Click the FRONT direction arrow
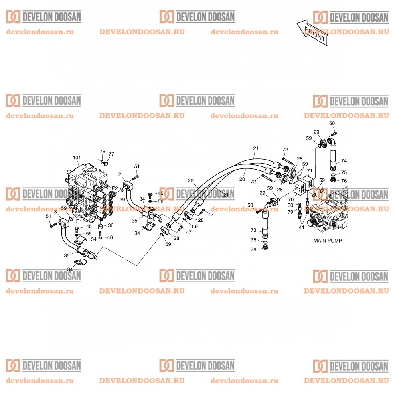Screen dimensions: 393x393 [312, 32]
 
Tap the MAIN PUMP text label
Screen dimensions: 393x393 [328, 241]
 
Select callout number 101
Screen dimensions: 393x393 [77, 158]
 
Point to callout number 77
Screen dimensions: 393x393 [111, 154]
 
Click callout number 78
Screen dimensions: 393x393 [103, 152]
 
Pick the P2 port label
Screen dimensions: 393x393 [115, 188]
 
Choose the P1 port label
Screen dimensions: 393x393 [79, 221]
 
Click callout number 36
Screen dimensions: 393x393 [111, 225]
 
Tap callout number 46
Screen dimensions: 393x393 [110, 237]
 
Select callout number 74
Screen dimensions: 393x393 [344, 161]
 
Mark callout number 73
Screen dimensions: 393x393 [253, 230]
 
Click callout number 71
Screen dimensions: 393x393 [310, 171]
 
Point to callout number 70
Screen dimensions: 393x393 [291, 200]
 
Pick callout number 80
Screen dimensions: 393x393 [290, 205]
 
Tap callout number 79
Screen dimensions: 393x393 [290, 212]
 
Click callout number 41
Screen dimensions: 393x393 [302, 227]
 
